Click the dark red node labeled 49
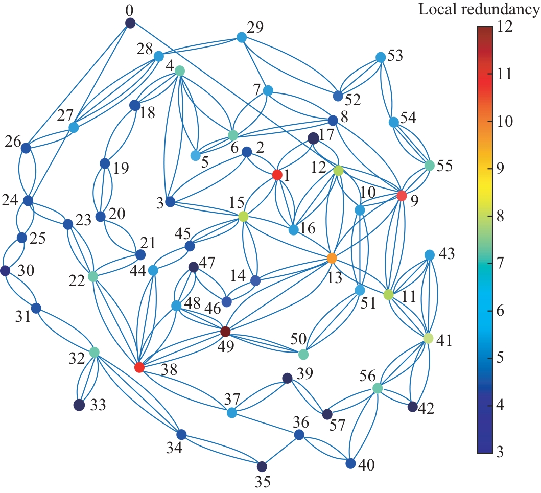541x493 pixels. point(225,332)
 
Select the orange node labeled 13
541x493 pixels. point(332,259)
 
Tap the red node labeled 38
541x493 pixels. point(139,367)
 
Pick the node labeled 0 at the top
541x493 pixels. point(130,23)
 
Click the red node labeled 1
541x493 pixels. point(277,175)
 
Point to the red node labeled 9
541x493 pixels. point(402,196)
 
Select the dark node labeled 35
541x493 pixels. point(262,466)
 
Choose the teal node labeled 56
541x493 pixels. point(378,388)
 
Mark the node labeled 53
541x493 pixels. point(380,57)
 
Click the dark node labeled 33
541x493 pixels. point(79,405)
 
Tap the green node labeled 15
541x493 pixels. point(244,217)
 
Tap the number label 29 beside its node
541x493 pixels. point(255,27)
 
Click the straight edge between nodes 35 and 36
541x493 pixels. point(280,451)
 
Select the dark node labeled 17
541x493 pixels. point(313,138)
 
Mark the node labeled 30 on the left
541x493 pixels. point(5,271)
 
